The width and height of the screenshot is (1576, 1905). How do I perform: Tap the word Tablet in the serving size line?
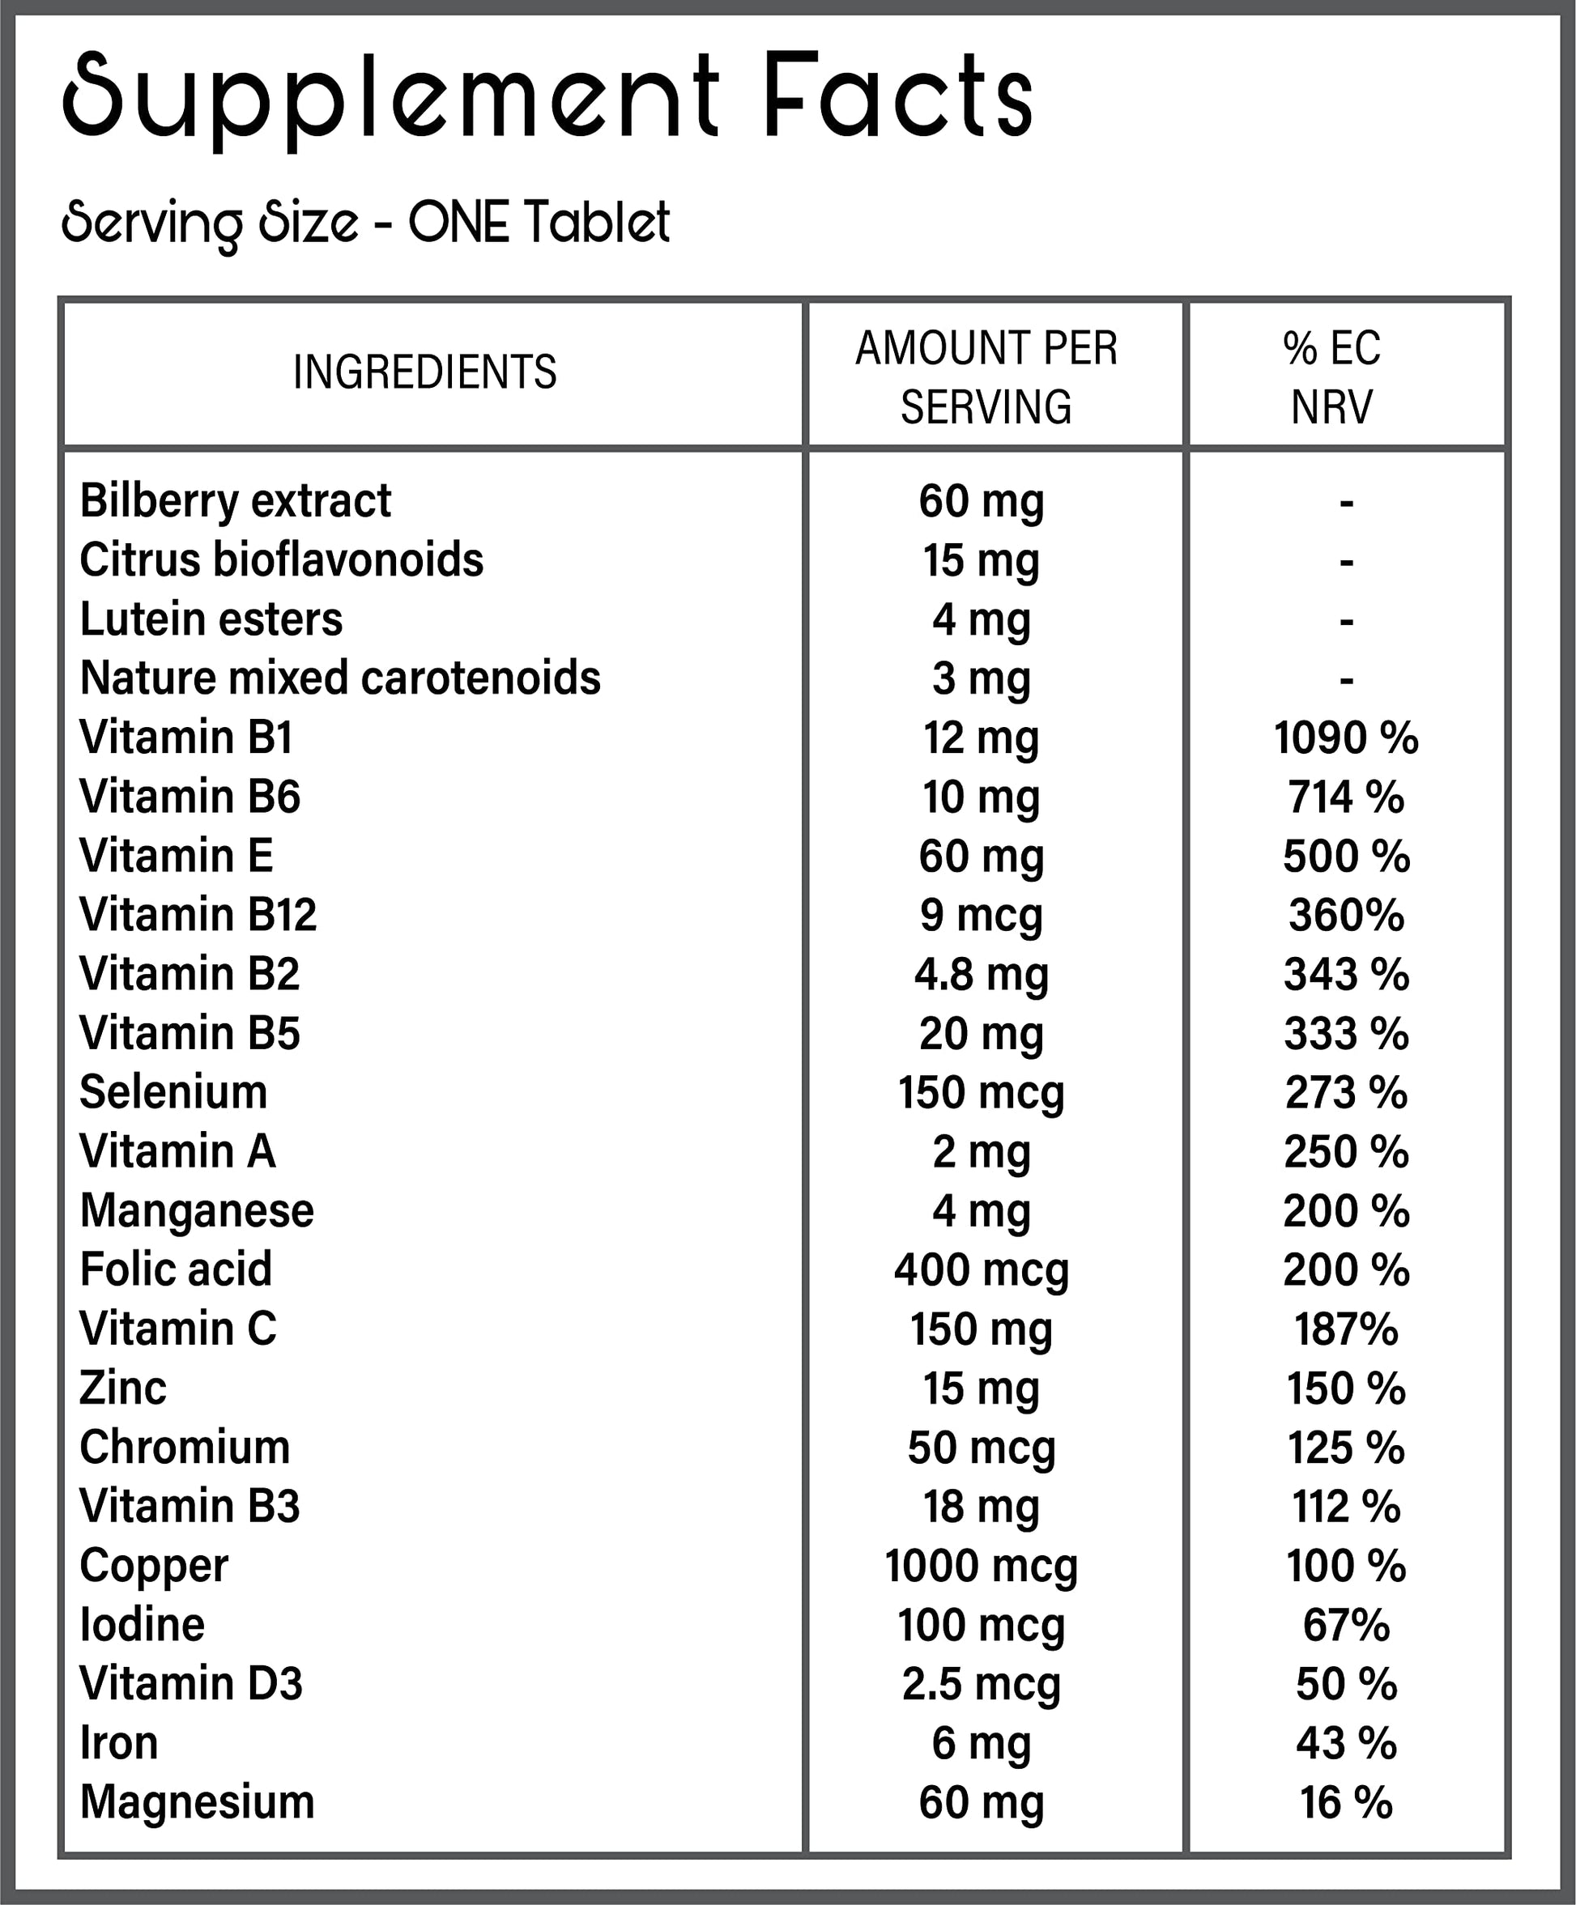tap(596, 223)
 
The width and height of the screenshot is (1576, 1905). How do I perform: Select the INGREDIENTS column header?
tap(424, 372)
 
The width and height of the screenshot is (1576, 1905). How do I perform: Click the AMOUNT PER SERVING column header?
tap(986, 376)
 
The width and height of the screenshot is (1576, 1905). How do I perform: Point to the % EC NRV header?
tap(1331, 376)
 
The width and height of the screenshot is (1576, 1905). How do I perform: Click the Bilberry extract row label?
tap(235, 501)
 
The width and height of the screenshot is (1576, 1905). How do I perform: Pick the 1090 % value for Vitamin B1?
tap(1345, 738)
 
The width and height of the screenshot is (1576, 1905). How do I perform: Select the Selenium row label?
tap(173, 1092)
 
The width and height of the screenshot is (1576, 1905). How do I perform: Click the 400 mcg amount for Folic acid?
tap(981, 1269)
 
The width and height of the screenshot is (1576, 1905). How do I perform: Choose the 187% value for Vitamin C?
tap(1345, 1329)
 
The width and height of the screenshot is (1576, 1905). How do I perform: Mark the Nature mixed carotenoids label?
tap(339, 678)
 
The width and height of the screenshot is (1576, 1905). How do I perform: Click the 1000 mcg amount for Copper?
tap(981, 1566)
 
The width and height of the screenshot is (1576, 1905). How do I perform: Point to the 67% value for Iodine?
tap(1345, 1625)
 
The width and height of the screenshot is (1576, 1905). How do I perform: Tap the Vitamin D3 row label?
tap(190, 1684)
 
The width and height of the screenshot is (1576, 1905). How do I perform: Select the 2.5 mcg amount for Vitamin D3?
tap(981, 1684)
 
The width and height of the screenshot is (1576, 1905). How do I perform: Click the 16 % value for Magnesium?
tap(1345, 1802)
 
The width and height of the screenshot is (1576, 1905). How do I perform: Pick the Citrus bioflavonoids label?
tap(281, 559)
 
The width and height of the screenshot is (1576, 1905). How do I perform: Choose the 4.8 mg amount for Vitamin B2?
tap(981, 974)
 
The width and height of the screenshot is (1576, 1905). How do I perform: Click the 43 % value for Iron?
tap(1345, 1742)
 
